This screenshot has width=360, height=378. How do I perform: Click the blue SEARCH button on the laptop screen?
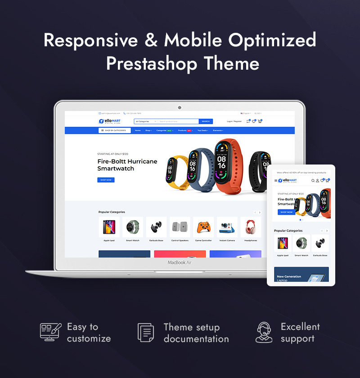pyautogui.click(x=206, y=121)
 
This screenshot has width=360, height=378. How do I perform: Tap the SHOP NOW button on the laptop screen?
pyautogui.click(x=106, y=180)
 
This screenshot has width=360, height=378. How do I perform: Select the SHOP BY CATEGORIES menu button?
pyautogui.click(x=115, y=130)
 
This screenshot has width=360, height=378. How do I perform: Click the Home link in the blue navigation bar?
pyautogui.click(x=138, y=130)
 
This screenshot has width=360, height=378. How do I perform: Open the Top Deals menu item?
pyautogui.click(x=203, y=130)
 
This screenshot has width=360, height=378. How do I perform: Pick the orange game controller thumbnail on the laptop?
pyautogui.click(x=203, y=227)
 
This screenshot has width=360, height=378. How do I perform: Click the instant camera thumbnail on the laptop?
pyautogui.click(x=227, y=227)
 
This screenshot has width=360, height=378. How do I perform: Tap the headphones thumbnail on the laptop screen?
pyautogui.click(x=251, y=227)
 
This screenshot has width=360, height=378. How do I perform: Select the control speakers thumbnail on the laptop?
pyautogui.click(x=180, y=227)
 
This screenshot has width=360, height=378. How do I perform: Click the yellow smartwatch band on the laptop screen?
pyautogui.click(x=177, y=171)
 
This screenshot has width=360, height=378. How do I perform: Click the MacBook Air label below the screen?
pyautogui.click(x=179, y=262)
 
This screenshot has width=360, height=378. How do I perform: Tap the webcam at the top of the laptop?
pyautogui.click(x=180, y=108)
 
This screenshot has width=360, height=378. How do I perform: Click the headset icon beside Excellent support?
pyautogui.click(x=264, y=333)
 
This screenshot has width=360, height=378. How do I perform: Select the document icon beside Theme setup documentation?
pyautogui.click(x=146, y=333)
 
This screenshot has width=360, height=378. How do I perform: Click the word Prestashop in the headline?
pyautogui.click(x=152, y=63)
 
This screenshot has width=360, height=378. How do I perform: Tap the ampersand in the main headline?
pyautogui.click(x=151, y=40)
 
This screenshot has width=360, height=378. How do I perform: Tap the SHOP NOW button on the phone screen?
pyautogui.click(x=286, y=212)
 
